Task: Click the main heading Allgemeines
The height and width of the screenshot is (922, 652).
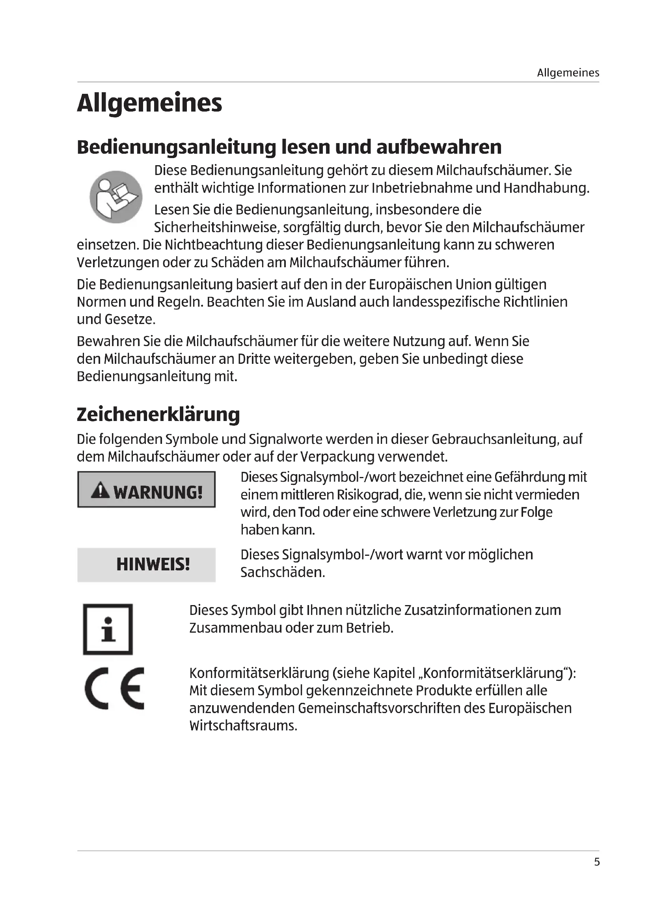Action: (149, 103)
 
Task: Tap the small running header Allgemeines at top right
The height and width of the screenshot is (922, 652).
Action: (568, 73)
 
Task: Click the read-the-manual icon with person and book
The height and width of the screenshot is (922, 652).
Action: (115, 197)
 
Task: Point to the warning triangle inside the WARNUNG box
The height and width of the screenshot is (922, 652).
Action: (100, 491)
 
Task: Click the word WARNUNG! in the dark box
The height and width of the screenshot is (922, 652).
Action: (158, 492)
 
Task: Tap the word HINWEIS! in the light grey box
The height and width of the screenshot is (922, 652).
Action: (153, 564)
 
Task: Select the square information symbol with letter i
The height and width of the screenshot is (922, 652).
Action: (108, 629)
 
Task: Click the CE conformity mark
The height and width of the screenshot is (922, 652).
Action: (114, 689)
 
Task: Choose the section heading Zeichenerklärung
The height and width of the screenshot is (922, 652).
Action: (158, 414)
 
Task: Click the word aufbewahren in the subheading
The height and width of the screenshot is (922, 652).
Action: (439, 147)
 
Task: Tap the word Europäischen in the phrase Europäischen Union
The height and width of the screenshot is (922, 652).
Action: (410, 284)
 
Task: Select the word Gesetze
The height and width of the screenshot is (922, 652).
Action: (129, 319)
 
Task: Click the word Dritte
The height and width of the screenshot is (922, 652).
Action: (254, 359)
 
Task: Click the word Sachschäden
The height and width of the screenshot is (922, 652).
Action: (283, 572)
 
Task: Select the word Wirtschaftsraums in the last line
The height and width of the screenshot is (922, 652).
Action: (243, 726)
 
